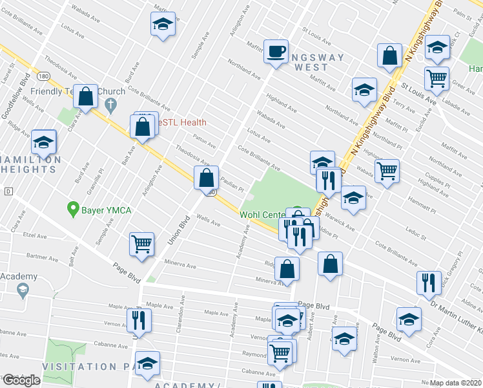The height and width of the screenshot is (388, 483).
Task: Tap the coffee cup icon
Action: (x=276, y=50)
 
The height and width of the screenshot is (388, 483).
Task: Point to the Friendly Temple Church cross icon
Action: (x=111, y=104)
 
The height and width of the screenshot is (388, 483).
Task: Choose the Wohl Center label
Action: (x=262, y=215)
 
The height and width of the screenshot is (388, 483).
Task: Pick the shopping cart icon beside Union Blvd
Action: (x=142, y=244)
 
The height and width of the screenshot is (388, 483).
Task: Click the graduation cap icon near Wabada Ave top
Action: (x=163, y=25)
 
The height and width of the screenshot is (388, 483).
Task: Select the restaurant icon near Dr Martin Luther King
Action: (x=427, y=283)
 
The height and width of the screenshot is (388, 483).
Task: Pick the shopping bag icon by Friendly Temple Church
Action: (x=85, y=96)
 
